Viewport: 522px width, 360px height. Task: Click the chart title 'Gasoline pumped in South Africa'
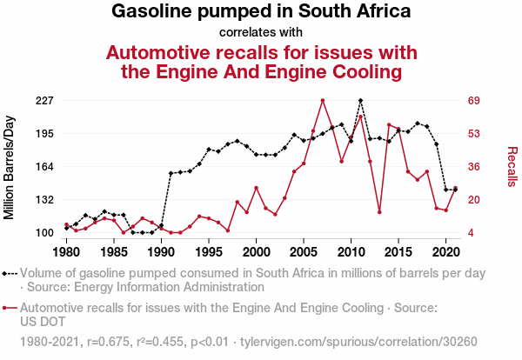[x=261, y=12]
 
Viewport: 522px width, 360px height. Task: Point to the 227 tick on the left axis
[x=44, y=101]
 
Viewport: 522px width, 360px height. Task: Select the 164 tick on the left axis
[x=44, y=167]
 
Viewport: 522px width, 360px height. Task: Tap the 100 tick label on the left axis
[x=44, y=233]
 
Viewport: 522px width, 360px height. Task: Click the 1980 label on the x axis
[x=66, y=252]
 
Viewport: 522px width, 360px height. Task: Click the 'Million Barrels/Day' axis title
[x=10, y=167]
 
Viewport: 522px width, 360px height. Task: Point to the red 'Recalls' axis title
[x=512, y=167]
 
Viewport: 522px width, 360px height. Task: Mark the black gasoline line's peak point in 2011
[x=360, y=101]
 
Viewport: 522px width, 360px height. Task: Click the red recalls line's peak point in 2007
[x=323, y=101]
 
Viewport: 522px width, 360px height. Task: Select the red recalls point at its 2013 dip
[x=379, y=212]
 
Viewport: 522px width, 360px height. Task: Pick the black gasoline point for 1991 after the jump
[x=171, y=173]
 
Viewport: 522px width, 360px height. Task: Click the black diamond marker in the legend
[x=8, y=273]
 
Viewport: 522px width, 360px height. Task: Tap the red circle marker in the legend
[x=8, y=308]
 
